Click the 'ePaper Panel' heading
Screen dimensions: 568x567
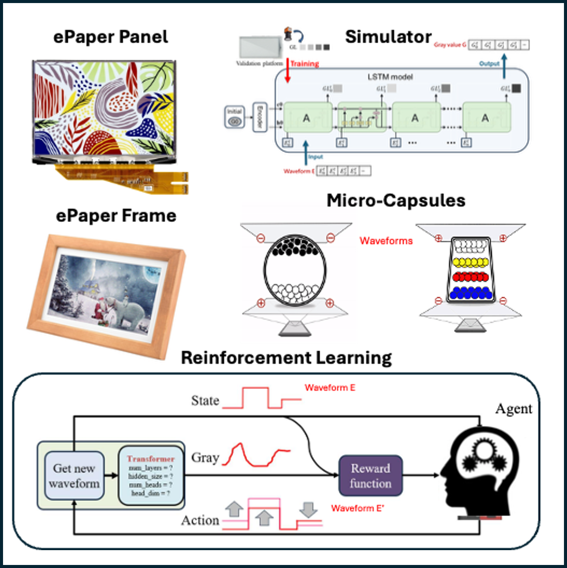110,37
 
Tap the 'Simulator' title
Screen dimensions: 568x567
388,37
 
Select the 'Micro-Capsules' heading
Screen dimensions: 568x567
396,201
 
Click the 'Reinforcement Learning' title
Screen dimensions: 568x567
286,358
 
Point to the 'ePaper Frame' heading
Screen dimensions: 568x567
116,216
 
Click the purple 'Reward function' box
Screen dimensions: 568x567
370,476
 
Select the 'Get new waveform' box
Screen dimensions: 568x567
74,476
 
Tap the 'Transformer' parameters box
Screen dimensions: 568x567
151,476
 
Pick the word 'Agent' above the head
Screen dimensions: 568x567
514,409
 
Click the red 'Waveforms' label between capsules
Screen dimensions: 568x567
386,241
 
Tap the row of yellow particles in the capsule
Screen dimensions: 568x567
470,262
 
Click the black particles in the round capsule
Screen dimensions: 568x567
294,246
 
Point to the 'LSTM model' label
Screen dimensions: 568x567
390,77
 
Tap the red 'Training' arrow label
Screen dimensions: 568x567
304,64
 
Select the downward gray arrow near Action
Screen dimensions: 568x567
308,509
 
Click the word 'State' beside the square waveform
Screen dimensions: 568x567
205,401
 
